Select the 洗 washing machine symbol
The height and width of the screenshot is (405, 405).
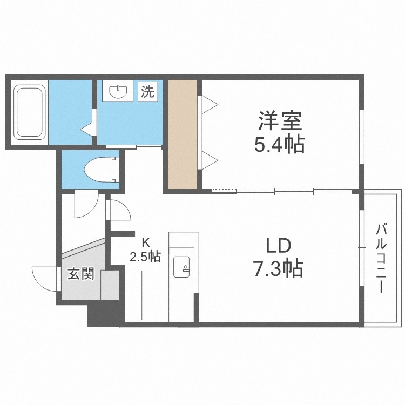[x=147, y=91]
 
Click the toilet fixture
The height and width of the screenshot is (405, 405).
[x=101, y=168]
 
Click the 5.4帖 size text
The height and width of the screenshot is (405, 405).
[x=279, y=144]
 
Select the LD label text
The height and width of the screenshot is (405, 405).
[x=278, y=246]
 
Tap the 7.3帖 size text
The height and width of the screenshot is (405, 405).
[x=278, y=268]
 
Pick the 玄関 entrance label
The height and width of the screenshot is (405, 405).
[x=80, y=274]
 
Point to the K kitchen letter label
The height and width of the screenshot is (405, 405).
[x=145, y=241]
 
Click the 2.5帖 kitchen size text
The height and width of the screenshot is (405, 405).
[x=145, y=256]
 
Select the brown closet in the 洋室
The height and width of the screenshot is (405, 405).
[x=182, y=133]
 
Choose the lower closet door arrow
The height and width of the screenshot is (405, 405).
[x=209, y=159]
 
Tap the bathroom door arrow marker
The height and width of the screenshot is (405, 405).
[x=86, y=129]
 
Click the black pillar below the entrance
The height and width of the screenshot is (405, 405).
[x=105, y=315]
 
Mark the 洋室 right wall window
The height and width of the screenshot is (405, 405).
[x=360, y=135]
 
